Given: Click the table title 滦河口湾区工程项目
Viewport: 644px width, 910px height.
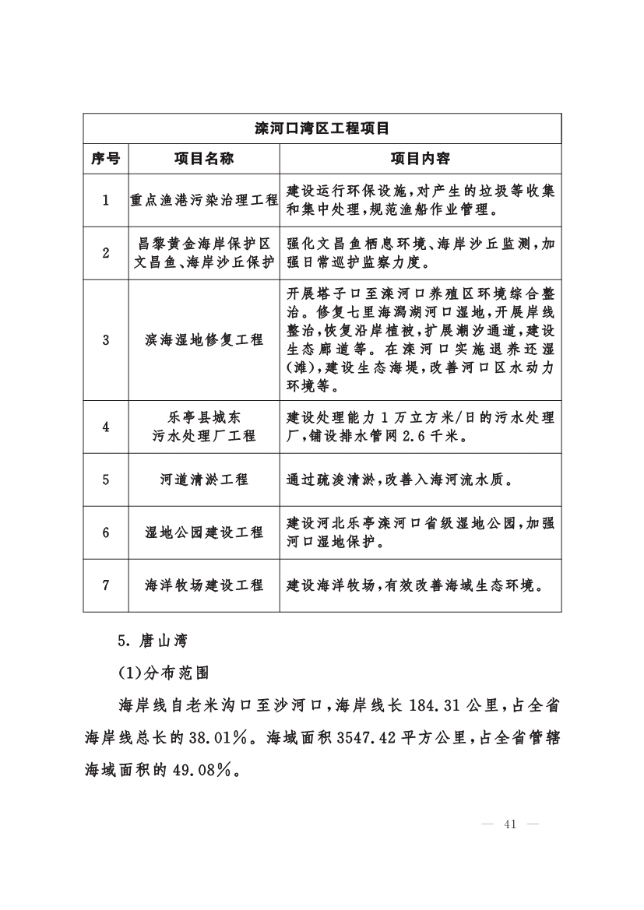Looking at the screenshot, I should coord(322,128).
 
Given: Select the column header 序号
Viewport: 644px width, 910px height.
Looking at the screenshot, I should coord(105,159).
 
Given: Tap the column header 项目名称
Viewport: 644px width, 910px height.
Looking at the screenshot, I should coord(204,159).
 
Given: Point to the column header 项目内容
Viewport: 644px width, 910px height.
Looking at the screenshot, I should coord(420,159).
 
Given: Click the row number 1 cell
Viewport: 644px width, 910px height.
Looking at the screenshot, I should coord(105,200).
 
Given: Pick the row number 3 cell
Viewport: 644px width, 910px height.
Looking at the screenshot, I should coord(105,340).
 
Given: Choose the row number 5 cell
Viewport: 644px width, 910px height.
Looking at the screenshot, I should coord(105,480).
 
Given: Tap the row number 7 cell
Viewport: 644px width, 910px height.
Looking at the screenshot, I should coord(105,585).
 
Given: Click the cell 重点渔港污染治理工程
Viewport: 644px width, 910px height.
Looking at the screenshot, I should coord(204,200).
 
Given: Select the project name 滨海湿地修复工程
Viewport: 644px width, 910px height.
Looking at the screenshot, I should coord(204,340).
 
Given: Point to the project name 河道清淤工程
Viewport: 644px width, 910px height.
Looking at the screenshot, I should coord(204,480).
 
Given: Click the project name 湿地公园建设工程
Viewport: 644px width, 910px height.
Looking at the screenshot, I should coord(204,532).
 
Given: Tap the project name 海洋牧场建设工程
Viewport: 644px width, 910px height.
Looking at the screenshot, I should coord(204,585).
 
